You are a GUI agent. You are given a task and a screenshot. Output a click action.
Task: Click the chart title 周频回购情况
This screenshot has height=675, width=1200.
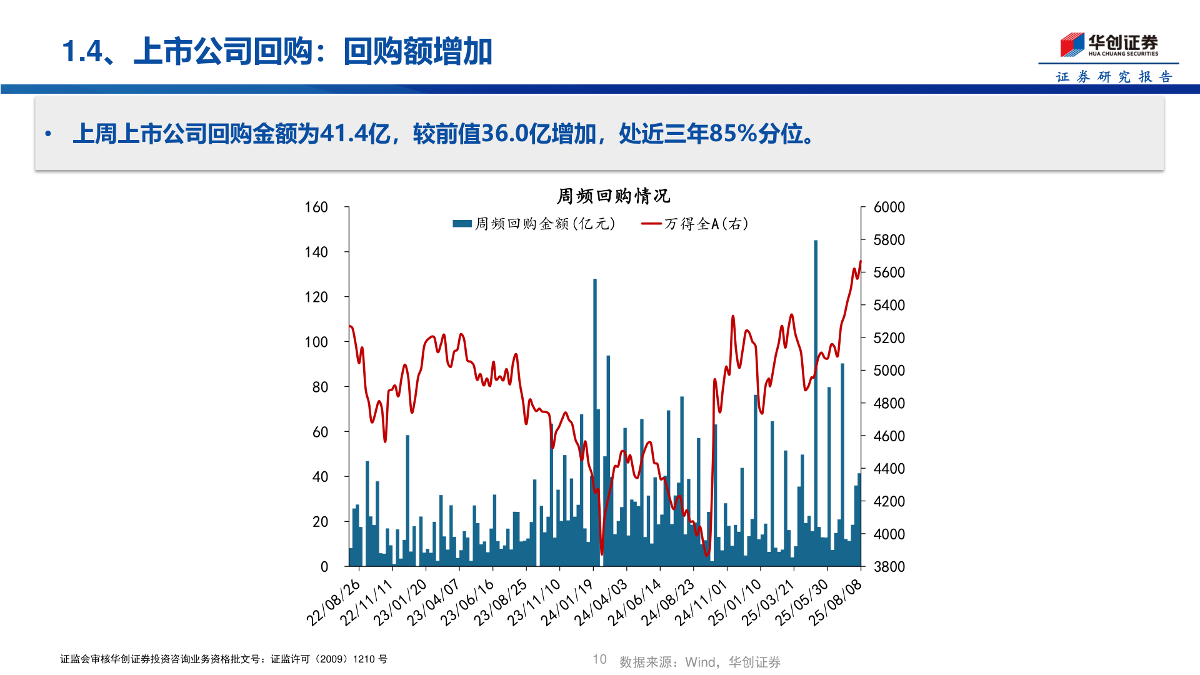[x=613, y=196]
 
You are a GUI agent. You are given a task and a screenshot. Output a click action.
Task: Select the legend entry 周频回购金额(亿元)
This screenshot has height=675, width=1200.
[x=534, y=224]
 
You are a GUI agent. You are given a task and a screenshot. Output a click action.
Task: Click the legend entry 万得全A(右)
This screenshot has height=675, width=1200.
[x=695, y=224]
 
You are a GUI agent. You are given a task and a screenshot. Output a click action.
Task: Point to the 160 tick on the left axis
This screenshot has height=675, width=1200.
[x=316, y=207]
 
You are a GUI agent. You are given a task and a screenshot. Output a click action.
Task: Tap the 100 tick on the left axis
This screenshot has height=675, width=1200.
[x=316, y=342]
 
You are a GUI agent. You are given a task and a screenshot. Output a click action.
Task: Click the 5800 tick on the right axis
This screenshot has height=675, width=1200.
[x=889, y=240]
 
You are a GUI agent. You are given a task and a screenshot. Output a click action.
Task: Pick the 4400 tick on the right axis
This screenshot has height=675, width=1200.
[x=889, y=469]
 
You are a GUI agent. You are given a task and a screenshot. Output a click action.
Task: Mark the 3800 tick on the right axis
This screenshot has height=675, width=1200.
[x=889, y=567]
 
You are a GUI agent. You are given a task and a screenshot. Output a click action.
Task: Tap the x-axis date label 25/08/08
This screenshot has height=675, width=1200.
[x=836, y=602]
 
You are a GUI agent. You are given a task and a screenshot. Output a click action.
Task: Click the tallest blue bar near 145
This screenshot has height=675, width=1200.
[x=816, y=400]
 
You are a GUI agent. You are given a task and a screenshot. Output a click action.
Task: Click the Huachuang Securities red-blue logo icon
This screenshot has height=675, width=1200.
[x=1072, y=45]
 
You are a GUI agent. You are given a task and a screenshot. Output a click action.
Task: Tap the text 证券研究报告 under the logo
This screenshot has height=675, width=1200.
[x=1114, y=77]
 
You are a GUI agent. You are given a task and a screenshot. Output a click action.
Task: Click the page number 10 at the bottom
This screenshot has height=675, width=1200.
[x=599, y=659]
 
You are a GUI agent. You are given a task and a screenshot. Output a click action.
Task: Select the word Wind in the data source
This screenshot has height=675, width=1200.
[x=700, y=662]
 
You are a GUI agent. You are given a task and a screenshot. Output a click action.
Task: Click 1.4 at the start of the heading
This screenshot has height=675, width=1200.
[x=82, y=51]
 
